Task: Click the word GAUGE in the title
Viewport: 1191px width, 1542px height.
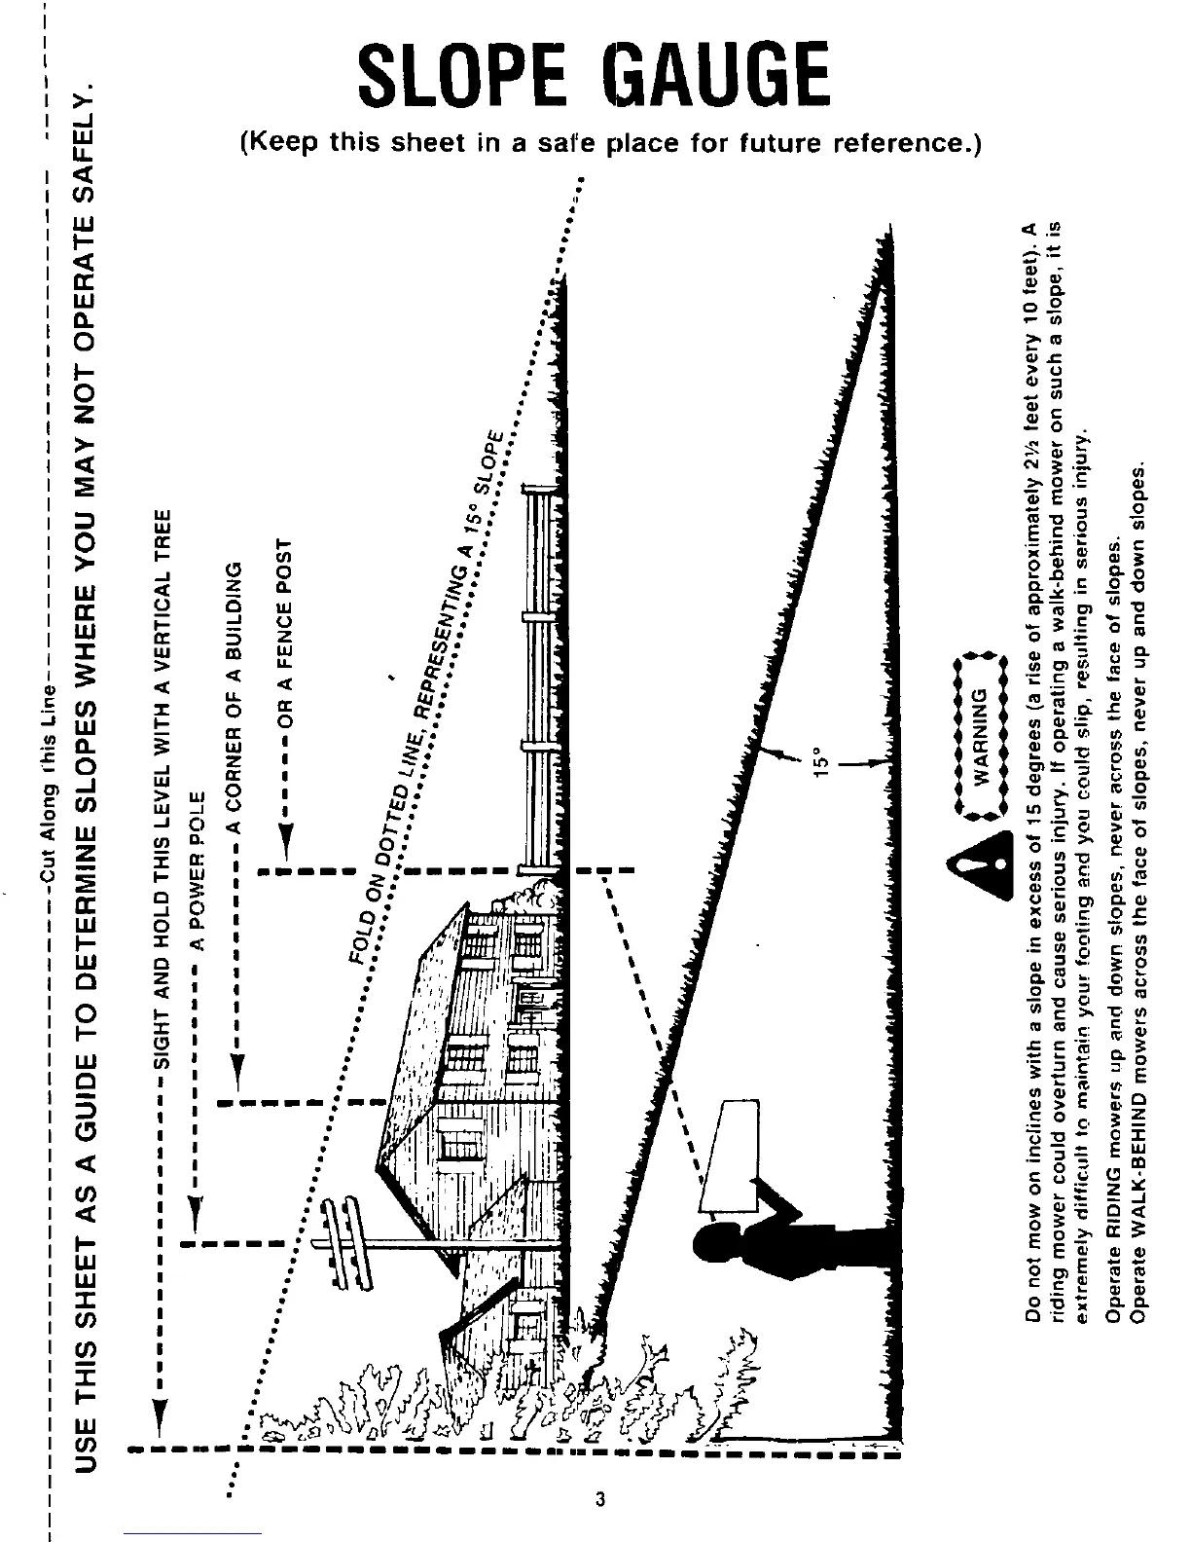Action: click(717, 75)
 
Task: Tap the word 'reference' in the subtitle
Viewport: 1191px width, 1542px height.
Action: click(902, 143)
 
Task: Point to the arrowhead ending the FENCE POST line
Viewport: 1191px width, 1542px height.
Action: click(285, 839)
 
